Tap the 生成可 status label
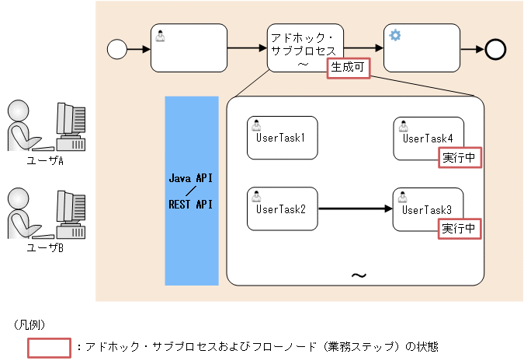[x=347, y=68]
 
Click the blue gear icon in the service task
[x=395, y=35]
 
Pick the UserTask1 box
[x=283, y=138]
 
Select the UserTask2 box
[x=283, y=209]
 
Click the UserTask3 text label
[x=428, y=209]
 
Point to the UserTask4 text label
[x=428, y=138]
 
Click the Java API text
[x=191, y=178]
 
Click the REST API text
[x=191, y=205]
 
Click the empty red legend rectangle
[x=50, y=347]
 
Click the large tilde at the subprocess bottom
[x=359, y=275]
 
